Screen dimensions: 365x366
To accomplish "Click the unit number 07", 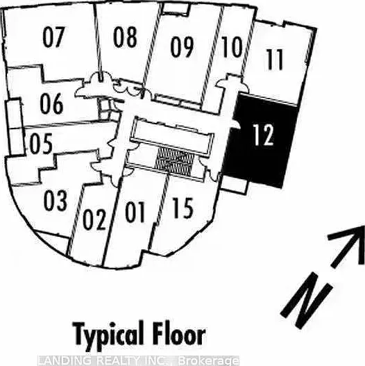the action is click(53, 37).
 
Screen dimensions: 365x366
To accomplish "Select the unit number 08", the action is click(125, 37).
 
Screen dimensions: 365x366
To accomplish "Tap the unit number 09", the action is click(182, 47).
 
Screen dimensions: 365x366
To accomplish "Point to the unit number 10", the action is click(232, 47).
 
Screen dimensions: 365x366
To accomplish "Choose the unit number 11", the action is click(275, 59).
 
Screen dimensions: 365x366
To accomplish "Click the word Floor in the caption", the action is click(178, 333).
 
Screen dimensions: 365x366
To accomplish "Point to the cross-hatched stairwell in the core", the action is click(174, 162).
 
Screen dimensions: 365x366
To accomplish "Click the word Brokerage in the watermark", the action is click(208, 361).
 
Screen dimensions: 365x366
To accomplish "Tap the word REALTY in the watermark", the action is click(118, 360).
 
